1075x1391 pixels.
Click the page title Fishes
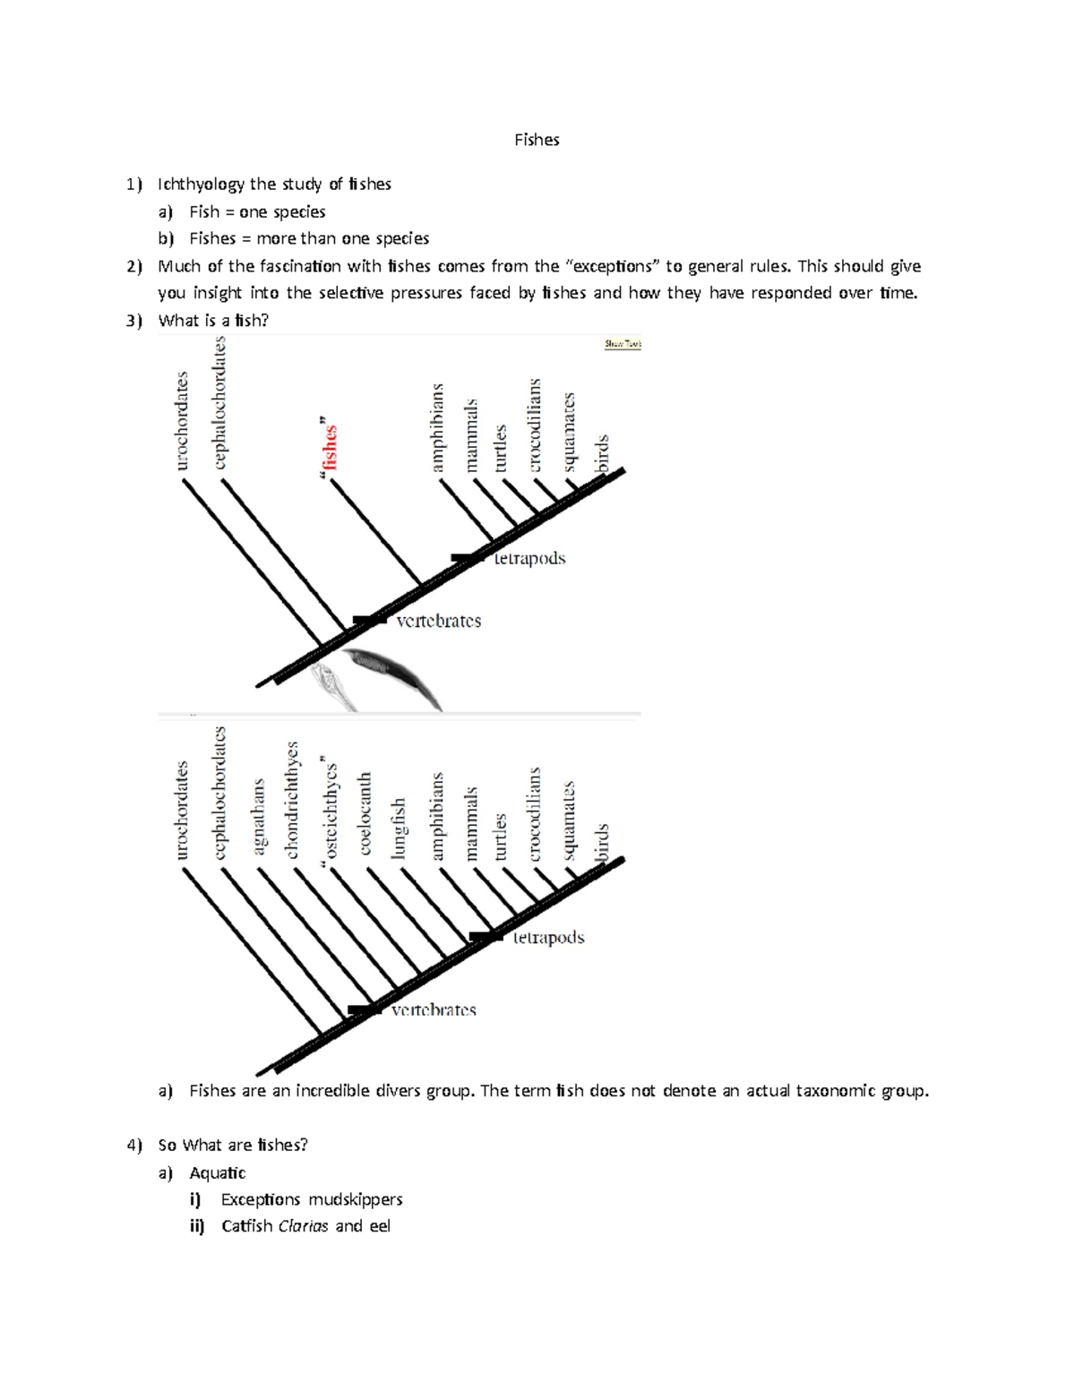tap(537, 140)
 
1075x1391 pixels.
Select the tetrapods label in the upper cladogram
tap(529, 559)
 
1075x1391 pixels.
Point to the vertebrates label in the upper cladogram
tap(438, 621)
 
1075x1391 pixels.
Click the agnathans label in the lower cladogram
tap(259, 816)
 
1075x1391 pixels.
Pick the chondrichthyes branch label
tap(292, 800)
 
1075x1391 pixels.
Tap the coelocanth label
tap(365, 813)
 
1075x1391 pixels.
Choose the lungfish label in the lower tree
tap(399, 828)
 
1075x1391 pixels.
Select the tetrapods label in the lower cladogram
tap(548, 938)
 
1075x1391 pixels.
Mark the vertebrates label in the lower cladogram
tap(434, 1009)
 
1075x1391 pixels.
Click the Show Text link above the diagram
tap(623, 344)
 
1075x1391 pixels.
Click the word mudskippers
tap(355, 1199)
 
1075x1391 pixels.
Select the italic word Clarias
tap(304, 1226)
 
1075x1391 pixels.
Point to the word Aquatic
tap(218, 1172)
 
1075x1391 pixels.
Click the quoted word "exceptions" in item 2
tap(613, 266)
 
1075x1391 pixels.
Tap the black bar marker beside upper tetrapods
tap(468, 559)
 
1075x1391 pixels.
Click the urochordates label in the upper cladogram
tap(182, 420)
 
